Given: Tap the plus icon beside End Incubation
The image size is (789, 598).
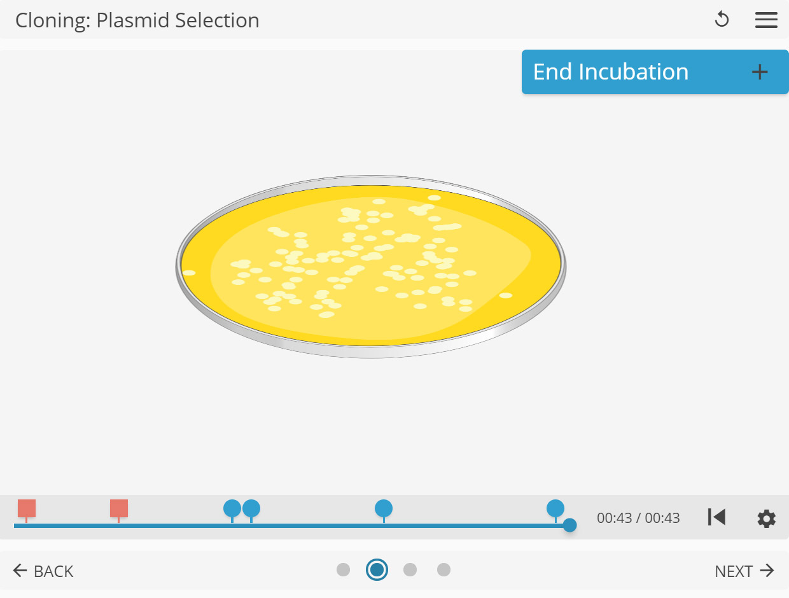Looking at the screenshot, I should [x=760, y=72].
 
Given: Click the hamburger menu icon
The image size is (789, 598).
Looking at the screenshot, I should [x=766, y=20].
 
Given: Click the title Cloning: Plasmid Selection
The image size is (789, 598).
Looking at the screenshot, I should [x=137, y=20].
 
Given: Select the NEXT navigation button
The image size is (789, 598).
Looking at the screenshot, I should [x=744, y=571].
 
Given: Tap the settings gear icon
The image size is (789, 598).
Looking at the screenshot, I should [x=766, y=518].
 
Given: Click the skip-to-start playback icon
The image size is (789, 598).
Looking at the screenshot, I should [x=716, y=517].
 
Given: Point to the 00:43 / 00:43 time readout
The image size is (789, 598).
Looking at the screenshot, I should [x=638, y=518].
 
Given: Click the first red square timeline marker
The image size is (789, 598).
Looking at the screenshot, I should [x=27, y=508].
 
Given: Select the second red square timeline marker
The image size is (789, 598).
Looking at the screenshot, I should [x=119, y=508].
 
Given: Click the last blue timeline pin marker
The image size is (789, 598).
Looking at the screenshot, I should [x=555, y=508].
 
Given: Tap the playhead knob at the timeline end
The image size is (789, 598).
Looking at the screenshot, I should [x=570, y=525].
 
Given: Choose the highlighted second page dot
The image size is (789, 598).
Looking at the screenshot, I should [x=377, y=569].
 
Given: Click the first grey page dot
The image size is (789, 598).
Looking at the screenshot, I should [x=344, y=569].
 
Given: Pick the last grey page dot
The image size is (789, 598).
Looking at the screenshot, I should [x=443, y=569].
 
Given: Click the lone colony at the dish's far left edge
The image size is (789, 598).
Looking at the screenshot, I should [x=189, y=273].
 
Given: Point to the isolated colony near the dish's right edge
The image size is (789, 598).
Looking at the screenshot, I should [x=506, y=295].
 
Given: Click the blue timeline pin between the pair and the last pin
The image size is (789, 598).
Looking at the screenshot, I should [x=384, y=508].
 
